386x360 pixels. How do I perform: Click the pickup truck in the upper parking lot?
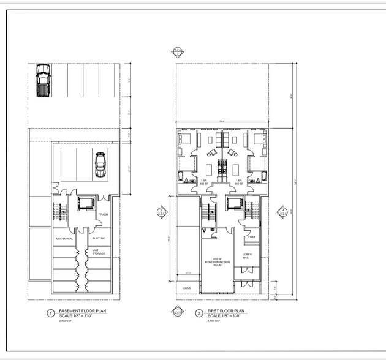[42, 81]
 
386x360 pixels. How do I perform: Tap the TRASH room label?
[103, 214]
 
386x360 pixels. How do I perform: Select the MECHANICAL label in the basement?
[65, 238]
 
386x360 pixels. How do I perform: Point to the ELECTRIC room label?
[99, 238]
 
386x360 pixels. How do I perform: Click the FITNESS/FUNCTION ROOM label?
[217, 261]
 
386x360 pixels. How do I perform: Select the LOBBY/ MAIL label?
[246, 257]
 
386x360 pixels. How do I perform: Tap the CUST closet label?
[251, 238]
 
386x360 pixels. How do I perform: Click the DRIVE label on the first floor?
[187, 288]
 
